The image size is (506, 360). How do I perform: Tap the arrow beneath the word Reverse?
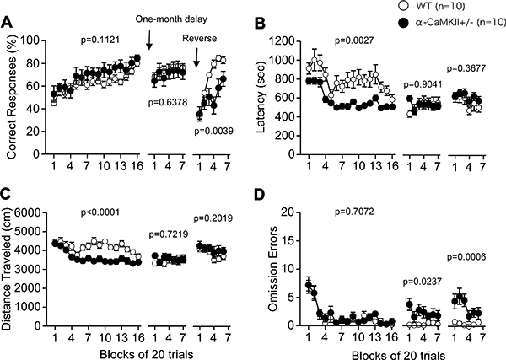[x=196, y=59]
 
